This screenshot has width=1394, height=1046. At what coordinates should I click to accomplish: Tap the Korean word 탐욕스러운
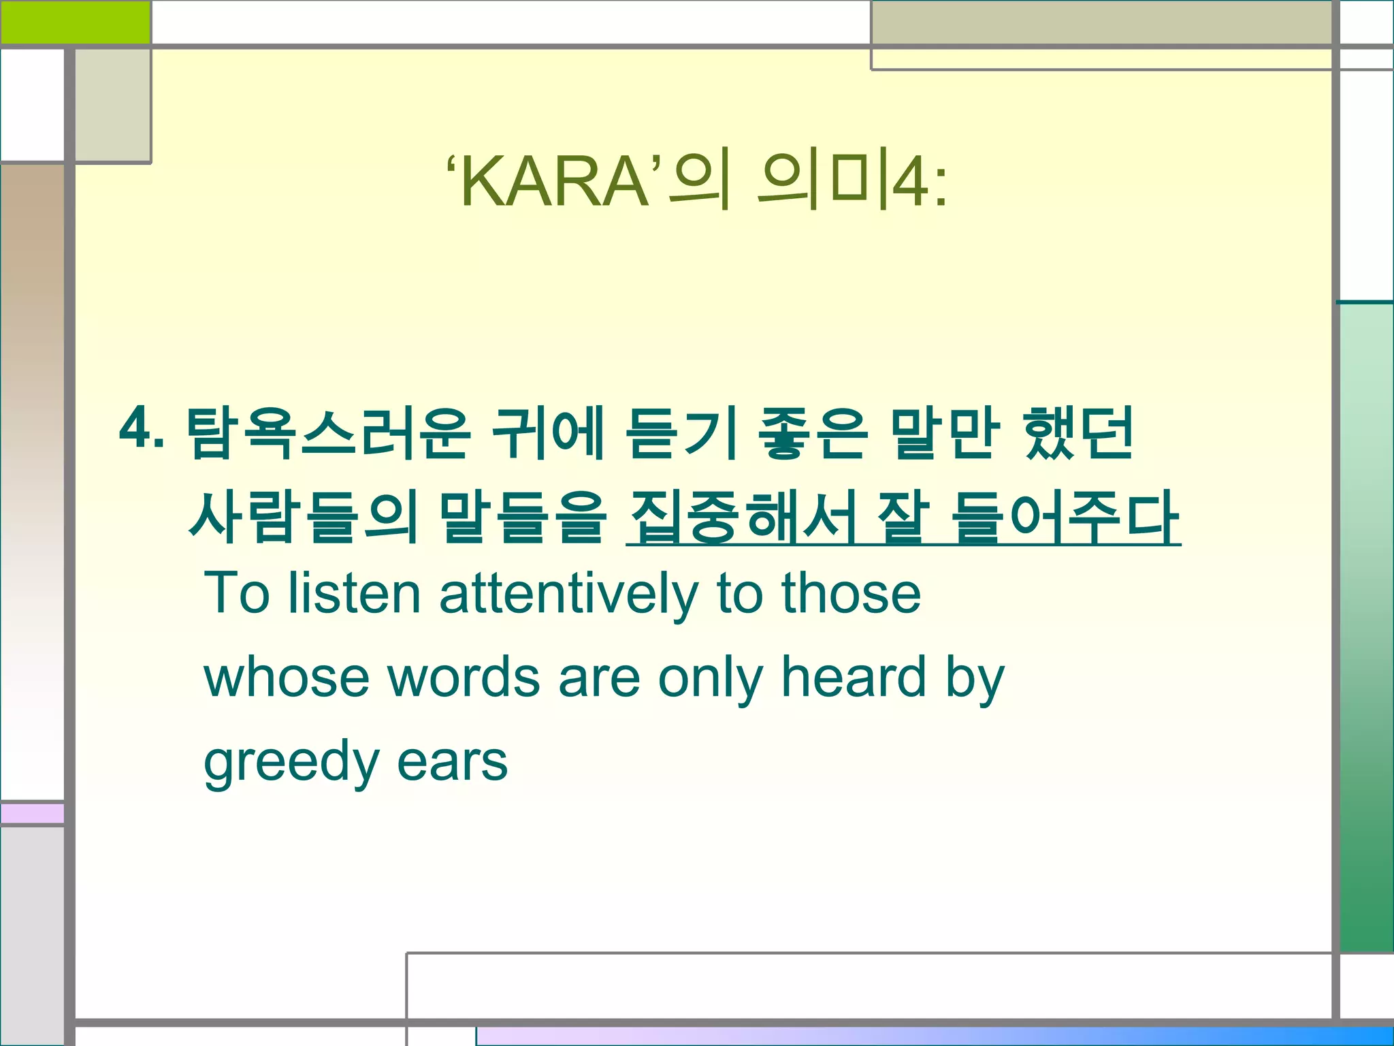327,433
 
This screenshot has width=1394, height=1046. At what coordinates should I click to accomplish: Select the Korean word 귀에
548,433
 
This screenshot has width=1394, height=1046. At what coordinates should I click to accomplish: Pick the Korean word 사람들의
304,517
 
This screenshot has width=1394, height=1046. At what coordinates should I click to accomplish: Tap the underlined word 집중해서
742,517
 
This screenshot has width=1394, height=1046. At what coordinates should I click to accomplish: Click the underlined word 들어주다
1065,517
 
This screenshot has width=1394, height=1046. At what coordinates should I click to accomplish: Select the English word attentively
569,594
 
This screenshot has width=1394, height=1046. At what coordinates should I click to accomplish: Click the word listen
354,594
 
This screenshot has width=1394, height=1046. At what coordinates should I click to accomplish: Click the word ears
452,761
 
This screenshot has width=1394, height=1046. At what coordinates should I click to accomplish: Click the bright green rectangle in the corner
75,22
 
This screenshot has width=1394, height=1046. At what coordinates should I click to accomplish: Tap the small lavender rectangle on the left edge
32,813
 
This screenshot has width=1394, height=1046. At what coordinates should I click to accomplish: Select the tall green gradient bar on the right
1366,627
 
